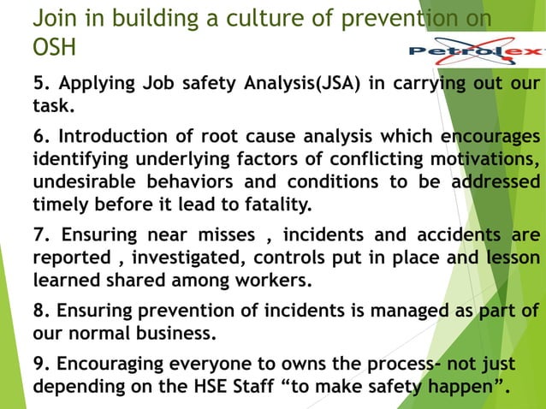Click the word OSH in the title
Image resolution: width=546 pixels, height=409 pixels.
pyautogui.click(x=52, y=49)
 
